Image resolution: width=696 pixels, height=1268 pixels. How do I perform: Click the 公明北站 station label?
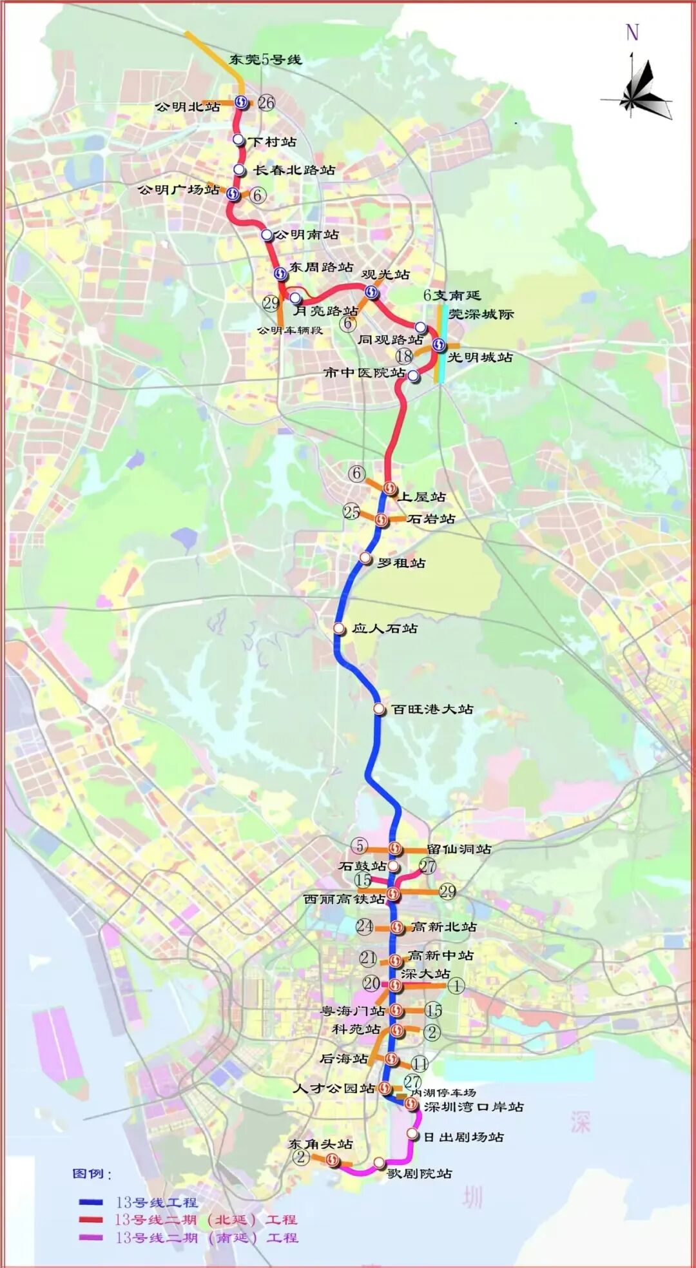pos(188,106)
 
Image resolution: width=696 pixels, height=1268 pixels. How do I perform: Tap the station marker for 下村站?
pos(238,140)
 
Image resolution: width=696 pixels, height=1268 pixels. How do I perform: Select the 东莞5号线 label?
pos(265,59)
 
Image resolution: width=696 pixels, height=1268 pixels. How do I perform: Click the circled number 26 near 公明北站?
pos(266,102)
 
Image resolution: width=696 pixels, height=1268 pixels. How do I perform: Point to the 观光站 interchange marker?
pos(372,293)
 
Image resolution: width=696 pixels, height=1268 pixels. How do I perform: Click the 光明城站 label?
pos(480,357)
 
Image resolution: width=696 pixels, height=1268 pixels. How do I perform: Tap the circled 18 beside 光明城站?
pos(404,356)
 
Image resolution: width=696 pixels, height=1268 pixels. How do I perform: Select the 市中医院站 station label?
pos(364,373)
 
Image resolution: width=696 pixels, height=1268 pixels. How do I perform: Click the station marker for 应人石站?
pos(339,628)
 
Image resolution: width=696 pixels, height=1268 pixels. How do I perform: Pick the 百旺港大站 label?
pos(432,709)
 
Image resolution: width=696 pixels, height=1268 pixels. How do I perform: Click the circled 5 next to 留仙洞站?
pos(360,845)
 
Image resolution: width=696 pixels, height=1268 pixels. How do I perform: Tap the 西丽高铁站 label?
pos(344,899)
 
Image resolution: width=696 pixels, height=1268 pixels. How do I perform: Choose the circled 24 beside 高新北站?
pos(364,926)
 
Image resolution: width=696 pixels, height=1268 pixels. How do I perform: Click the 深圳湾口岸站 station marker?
pos(411,1104)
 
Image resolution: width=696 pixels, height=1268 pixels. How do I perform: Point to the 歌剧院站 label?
pos(420,1173)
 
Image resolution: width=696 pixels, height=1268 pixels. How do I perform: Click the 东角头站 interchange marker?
pos(333,1160)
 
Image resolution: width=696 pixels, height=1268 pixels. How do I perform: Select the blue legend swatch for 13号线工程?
pos(91,1202)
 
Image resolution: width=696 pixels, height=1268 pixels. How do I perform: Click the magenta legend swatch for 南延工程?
pos(91,1237)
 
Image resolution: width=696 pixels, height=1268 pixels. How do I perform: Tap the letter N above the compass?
pos(632,32)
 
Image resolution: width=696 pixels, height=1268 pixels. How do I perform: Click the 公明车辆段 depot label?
pos(289,330)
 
